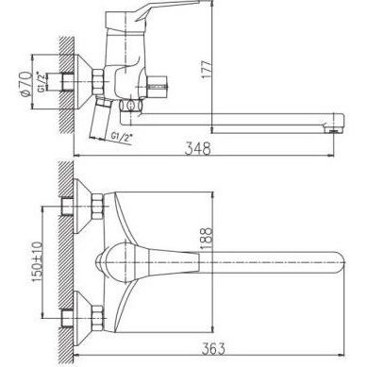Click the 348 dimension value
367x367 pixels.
click(x=197, y=148)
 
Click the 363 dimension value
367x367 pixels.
click(x=212, y=348)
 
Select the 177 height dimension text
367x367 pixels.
click(x=207, y=70)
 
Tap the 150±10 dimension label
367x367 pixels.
click(x=37, y=261)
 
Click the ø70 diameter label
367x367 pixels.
click(x=25, y=83)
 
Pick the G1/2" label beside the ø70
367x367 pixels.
click(x=42, y=81)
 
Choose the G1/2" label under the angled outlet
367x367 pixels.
click(x=122, y=137)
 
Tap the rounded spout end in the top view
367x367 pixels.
click(x=341, y=262)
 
